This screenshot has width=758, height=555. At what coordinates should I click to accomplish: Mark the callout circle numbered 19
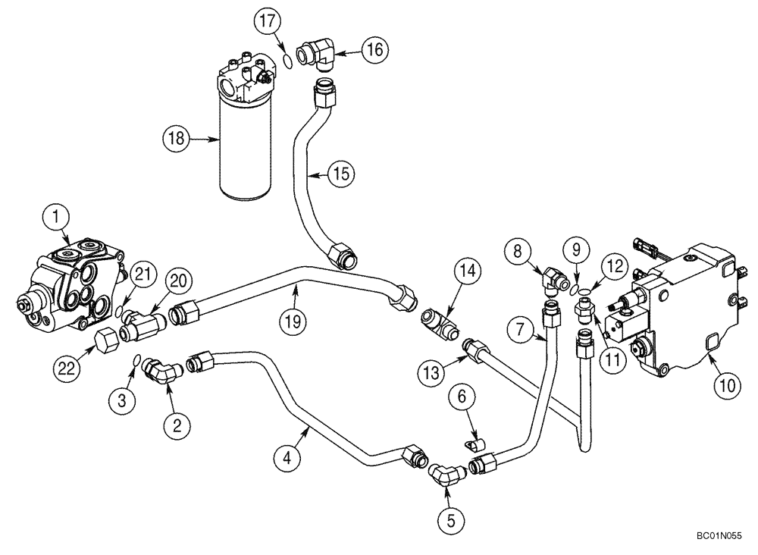coord(293,321)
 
